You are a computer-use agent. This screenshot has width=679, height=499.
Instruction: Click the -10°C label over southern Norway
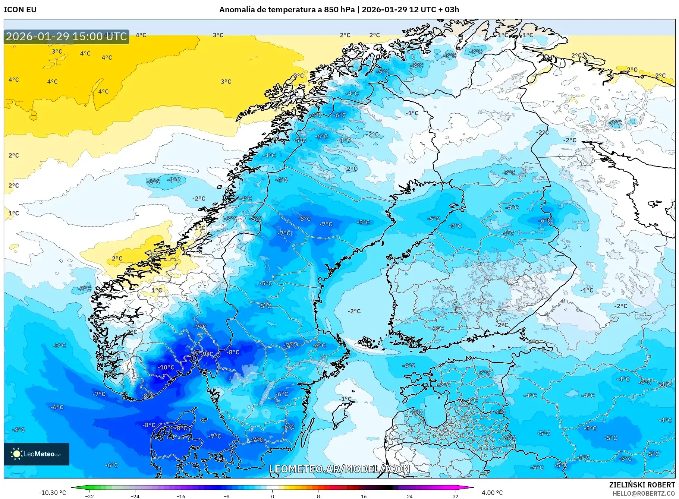tap(166, 367)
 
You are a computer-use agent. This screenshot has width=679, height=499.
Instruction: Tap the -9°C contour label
tap(207, 354)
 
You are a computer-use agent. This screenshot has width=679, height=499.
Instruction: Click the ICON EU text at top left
tap(20, 10)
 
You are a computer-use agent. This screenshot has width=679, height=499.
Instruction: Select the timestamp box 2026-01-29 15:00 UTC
tap(66, 37)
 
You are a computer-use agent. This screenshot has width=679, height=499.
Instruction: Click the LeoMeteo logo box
tap(37, 454)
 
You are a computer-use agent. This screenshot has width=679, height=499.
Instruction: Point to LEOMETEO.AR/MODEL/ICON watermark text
tap(339, 469)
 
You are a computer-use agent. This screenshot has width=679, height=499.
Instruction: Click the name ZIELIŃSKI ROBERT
tap(642, 485)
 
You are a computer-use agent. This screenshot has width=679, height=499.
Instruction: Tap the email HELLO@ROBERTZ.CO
tap(644, 493)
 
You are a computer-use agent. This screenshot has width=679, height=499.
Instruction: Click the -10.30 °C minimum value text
tap(52, 493)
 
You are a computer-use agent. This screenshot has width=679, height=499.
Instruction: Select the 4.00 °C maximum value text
tap(492, 493)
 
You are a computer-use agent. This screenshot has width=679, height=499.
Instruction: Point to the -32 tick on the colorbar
tap(89, 496)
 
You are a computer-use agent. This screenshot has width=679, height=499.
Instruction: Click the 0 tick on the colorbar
tap(273, 496)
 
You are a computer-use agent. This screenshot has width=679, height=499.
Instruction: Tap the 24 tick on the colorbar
tap(409, 496)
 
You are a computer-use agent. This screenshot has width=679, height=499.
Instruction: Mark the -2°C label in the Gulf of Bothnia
tap(354, 311)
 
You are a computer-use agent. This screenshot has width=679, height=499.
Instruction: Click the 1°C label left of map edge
tap(14, 214)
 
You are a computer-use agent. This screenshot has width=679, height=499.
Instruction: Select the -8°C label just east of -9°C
tap(233, 352)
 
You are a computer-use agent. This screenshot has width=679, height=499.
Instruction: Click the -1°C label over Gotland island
tap(345, 399)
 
